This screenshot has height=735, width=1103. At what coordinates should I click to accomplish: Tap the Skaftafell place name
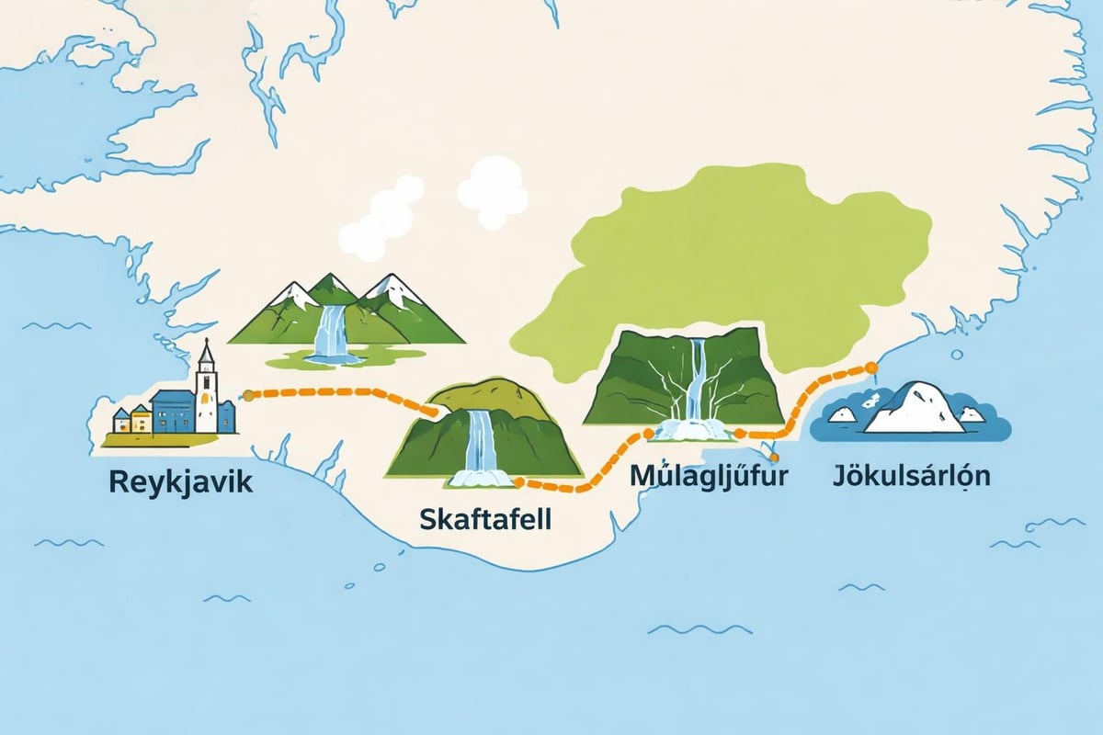tap(484, 518)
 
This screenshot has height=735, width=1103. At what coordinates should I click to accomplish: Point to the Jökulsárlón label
tap(913, 478)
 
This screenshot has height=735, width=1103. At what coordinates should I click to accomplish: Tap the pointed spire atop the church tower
tap(206, 349)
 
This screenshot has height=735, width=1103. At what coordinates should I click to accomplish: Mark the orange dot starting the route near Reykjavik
tap(247, 395)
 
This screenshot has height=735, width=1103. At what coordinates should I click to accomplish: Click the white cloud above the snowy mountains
tap(379, 220)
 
